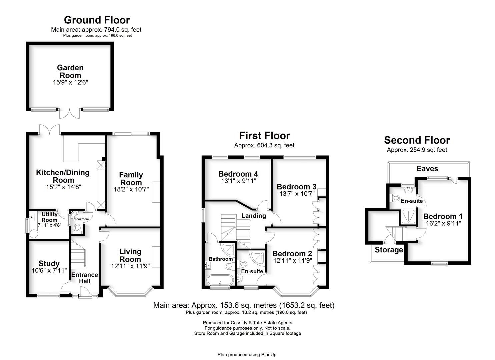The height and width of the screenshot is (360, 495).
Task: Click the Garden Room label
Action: click(x=70, y=71)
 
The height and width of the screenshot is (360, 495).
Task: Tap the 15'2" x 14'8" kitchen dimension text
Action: click(x=64, y=187)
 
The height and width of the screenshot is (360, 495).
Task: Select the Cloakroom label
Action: click(x=81, y=219)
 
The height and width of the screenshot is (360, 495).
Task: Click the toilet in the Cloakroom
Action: click(x=77, y=228)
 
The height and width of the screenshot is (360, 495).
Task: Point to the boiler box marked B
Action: click(x=32, y=217)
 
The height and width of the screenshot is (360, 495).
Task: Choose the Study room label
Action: click(x=49, y=263)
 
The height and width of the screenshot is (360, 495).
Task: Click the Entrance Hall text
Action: click(x=85, y=278)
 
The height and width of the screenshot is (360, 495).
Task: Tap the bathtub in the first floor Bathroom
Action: click(x=220, y=280)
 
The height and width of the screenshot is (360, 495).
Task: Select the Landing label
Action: click(x=254, y=216)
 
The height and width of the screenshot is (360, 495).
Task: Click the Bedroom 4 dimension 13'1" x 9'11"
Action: click(x=239, y=181)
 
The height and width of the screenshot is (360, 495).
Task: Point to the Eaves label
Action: click(x=427, y=169)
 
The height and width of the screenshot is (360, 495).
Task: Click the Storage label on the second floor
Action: click(x=389, y=250)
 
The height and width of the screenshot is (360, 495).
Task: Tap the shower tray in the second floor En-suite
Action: click(x=408, y=217)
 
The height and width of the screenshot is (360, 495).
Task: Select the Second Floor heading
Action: click(x=417, y=140)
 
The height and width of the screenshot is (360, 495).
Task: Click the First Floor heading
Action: click(x=265, y=136)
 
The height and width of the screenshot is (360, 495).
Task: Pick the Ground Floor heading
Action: click(x=97, y=20)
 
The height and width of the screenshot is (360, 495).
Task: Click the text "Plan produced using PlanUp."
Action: click(x=247, y=355)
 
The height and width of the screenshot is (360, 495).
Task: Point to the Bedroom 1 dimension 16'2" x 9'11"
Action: click(x=444, y=223)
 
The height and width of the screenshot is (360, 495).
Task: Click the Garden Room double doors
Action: click(x=70, y=113)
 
